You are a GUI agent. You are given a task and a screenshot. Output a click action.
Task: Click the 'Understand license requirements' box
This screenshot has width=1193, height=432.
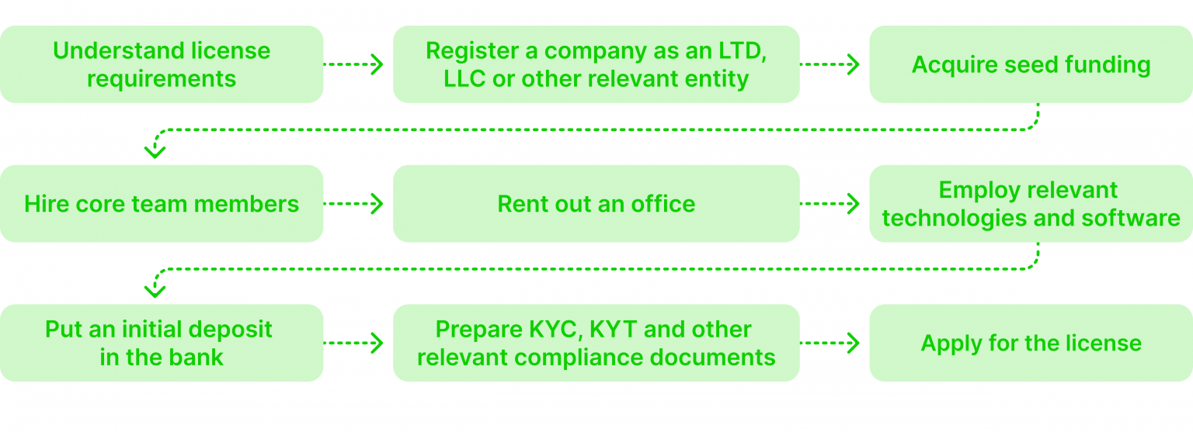162,64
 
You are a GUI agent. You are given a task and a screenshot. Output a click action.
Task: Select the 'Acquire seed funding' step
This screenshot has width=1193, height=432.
1031,64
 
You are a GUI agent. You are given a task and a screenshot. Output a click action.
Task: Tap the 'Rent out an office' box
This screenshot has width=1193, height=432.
596,204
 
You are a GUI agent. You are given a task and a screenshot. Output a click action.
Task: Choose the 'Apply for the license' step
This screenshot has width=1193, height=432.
1031,343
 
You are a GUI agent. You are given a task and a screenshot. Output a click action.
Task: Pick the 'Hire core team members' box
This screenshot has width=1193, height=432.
162,204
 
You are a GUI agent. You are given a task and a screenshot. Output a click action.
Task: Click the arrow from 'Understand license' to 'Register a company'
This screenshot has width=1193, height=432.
353,64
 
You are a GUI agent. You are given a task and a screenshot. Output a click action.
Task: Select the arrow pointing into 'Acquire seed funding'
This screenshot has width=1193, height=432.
830,64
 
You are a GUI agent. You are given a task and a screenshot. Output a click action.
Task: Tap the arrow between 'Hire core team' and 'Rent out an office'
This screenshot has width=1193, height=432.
353,204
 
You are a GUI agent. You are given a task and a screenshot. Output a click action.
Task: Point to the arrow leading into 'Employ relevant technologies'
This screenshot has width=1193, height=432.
830,204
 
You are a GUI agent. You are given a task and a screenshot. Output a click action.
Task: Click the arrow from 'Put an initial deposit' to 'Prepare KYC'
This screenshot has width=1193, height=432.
353,343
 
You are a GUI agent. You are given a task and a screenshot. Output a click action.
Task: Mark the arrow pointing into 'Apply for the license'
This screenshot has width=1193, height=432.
830,343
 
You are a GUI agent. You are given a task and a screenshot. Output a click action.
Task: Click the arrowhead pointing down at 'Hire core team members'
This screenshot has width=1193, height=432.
155,150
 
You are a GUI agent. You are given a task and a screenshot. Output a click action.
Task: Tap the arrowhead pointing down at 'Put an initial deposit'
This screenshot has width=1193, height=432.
155,289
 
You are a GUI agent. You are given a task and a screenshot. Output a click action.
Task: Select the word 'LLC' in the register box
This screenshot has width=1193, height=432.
464,79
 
